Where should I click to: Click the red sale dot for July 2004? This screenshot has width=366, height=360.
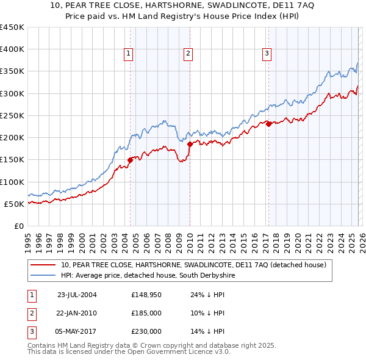[x=130, y=160]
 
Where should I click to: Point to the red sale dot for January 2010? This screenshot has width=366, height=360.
[x=190, y=145]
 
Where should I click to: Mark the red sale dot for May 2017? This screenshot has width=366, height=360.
[x=268, y=124]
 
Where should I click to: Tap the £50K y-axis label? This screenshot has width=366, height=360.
[x=15, y=204]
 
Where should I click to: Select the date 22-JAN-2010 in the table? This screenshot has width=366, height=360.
[x=76, y=313]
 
